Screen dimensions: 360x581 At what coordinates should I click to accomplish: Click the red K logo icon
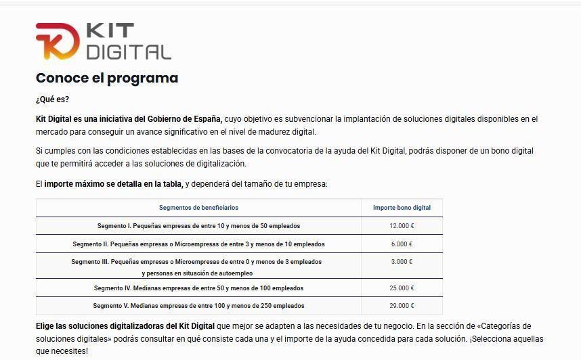[x=58, y=41]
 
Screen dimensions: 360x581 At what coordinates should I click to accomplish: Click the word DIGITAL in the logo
[x=129, y=51]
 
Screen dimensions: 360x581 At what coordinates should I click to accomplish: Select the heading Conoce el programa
[x=107, y=78]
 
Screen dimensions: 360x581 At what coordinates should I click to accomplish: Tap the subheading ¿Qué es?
[x=52, y=99]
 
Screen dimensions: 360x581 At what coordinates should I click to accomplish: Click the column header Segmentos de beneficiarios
[x=198, y=208]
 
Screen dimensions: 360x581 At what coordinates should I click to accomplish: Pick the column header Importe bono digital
[x=402, y=208]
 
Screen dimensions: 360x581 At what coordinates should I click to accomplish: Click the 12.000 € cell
[x=402, y=226]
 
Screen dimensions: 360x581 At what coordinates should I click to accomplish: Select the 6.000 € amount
[x=402, y=244]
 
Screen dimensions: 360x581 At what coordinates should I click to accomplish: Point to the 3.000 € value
[x=402, y=262]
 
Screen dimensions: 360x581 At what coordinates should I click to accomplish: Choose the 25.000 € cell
[x=402, y=288]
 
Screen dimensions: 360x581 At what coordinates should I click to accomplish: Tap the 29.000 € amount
[x=402, y=306]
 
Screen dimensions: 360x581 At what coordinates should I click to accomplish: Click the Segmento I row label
[x=198, y=226]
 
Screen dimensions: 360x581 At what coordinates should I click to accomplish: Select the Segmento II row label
[x=198, y=244]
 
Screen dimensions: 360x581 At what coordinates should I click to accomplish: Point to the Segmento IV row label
[x=198, y=288]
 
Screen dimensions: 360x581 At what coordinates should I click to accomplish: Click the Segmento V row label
[x=198, y=306]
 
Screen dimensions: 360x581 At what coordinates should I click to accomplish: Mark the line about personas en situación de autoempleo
[x=197, y=273]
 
